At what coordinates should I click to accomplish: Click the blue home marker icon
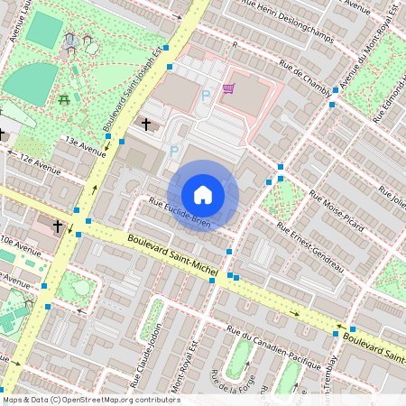coord(203,195)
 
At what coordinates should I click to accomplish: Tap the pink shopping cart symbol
coord(228,88)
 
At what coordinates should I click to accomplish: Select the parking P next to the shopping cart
coord(206,94)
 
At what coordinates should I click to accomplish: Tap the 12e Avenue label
coord(41,164)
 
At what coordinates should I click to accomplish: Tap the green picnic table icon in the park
coord(65,99)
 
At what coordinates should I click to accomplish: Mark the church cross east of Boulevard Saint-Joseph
coord(146,123)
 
